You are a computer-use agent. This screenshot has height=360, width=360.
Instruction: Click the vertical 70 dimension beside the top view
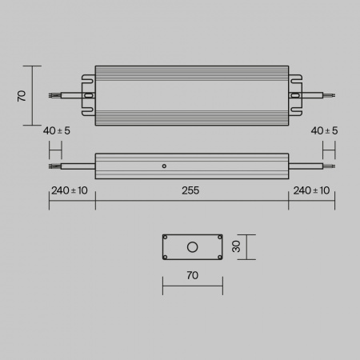[22, 95]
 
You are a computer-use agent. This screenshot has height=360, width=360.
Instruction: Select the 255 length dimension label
[190, 190]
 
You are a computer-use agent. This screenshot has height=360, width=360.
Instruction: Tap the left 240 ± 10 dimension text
[70, 190]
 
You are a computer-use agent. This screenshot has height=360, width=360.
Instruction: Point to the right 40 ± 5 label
[323, 130]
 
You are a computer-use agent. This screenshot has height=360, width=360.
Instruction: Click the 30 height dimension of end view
[236, 247]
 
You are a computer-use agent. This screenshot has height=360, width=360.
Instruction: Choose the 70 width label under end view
[192, 275]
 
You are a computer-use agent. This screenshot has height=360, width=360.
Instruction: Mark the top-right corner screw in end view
[218, 238]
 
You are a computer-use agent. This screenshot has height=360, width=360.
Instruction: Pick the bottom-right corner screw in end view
[218, 257]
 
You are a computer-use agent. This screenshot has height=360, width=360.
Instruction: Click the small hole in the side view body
[163, 167]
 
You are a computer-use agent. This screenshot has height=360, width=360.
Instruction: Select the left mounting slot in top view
[87, 95]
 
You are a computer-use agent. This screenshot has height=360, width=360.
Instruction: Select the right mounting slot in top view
[297, 95]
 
